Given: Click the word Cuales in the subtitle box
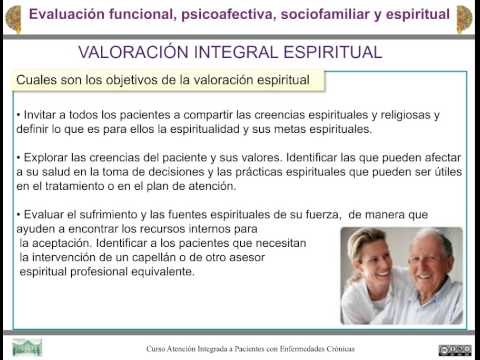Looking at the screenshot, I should (39, 79).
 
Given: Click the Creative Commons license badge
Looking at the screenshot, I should (453, 349).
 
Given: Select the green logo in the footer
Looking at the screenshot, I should (27, 348).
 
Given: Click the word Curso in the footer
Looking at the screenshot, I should (157, 349).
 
